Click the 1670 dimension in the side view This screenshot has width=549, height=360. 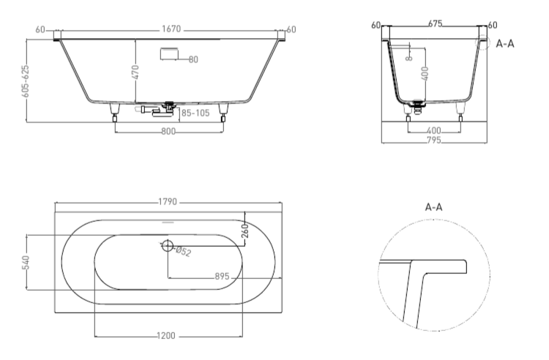click(171, 29)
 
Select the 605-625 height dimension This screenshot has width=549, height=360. click(25, 81)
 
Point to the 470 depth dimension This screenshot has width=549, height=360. click(135, 72)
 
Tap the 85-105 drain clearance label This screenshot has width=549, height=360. click(195, 113)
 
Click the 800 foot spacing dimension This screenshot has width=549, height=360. click(168, 132)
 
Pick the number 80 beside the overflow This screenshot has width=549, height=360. click(193, 59)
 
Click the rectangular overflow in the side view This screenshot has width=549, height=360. click(170, 53)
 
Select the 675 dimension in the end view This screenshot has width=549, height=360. click(435, 24)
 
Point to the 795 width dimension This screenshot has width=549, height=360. click(434, 140)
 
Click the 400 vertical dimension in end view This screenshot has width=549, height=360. click(425, 73)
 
